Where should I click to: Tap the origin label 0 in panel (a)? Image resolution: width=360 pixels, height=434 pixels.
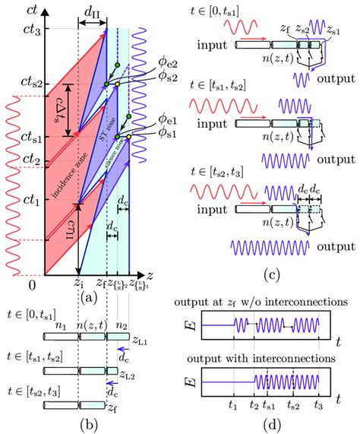(31, 284)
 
